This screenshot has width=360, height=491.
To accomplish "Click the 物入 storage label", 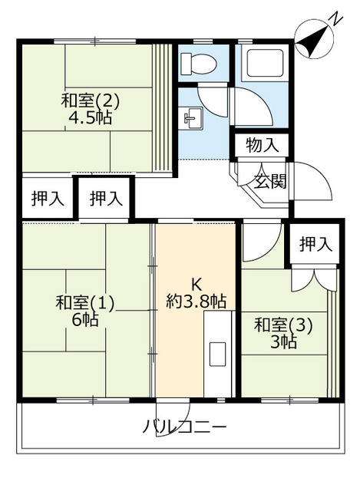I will (x=262, y=145).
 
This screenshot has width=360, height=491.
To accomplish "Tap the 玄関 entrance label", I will (x=270, y=182).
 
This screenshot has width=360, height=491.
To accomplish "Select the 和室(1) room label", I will (x=84, y=302).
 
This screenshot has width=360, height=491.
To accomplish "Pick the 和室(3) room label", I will (x=283, y=324).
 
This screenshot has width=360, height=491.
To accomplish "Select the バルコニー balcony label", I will (x=184, y=426).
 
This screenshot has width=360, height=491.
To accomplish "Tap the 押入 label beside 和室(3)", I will (x=315, y=245).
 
